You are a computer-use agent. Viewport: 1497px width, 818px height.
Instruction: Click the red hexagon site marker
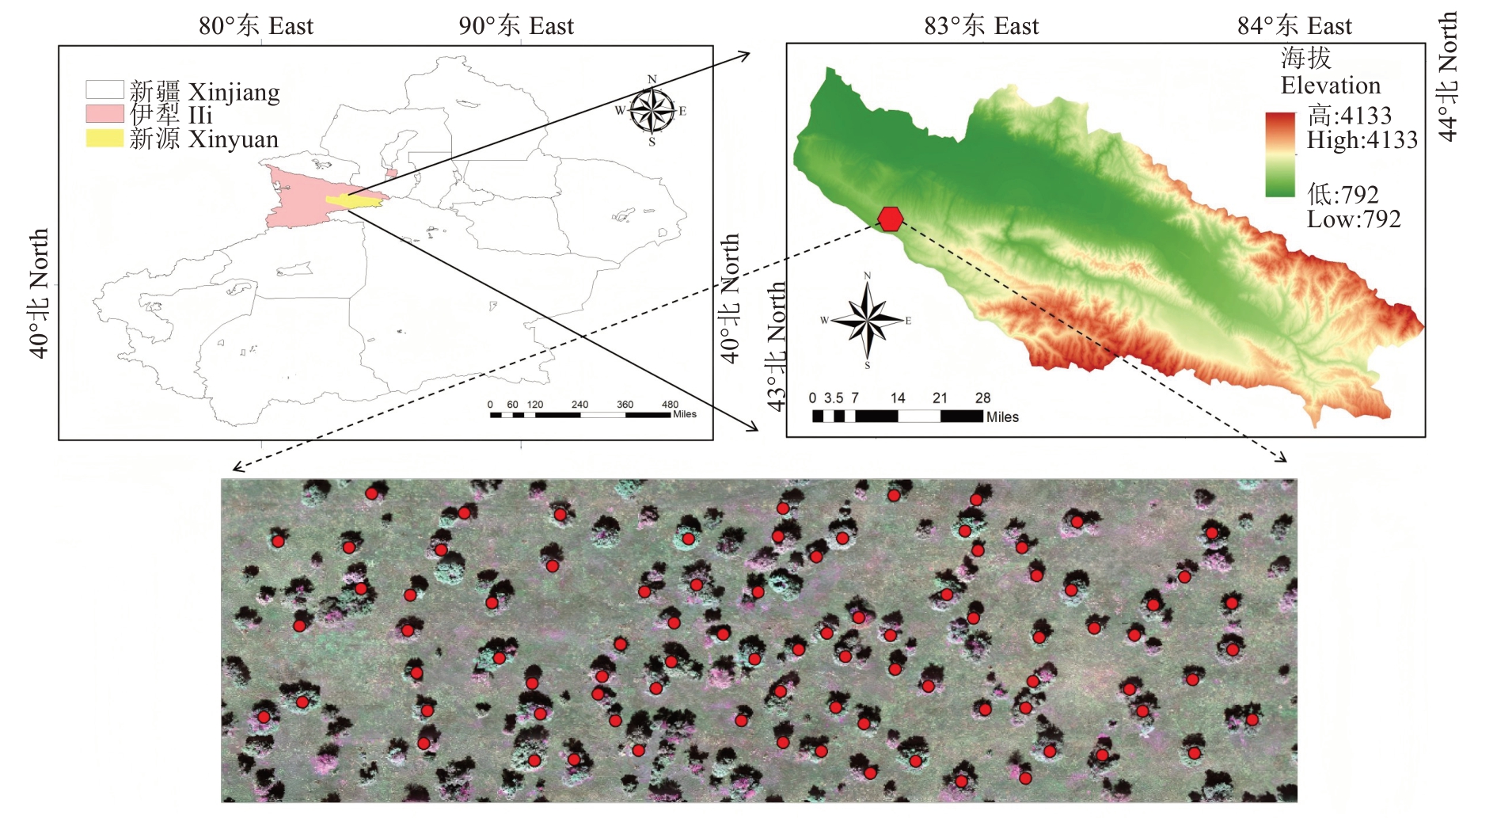pyautogui.click(x=891, y=219)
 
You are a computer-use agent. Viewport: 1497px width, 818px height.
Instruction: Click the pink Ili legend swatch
pyautogui.click(x=104, y=114)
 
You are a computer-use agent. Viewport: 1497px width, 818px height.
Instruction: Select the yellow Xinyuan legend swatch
pyautogui.click(x=104, y=139)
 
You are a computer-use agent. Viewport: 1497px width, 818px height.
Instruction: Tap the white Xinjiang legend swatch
pyautogui.click(x=104, y=89)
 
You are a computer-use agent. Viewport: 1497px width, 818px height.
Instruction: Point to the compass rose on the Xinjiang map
pyautogui.click(x=652, y=111)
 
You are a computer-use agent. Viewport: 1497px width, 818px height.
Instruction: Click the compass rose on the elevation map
pyautogui.click(x=868, y=320)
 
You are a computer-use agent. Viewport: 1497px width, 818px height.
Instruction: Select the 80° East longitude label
pyautogui.click(x=256, y=26)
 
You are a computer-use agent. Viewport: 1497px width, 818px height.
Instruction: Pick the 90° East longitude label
pyautogui.click(x=516, y=26)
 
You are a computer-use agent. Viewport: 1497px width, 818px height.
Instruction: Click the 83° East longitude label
pyautogui.click(x=981, y=26)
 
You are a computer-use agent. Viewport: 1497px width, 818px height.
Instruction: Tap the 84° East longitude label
pyautogui.click(x=1294, y=26)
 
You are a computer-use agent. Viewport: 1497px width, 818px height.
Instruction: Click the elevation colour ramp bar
pyautogui.click(x=1280, y=154)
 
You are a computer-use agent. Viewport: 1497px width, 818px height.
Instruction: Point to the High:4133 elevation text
pyautogui.click(x=1362, y=140)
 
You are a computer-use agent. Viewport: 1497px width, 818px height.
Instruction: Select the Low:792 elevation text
pyautogui.click(x=1354, y=219)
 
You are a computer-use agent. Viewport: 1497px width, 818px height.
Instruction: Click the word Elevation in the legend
pyautogui.click(x=1330, y=86)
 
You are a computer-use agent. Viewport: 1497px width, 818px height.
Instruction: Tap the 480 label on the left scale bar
pyautogui.click(x=670, y=405)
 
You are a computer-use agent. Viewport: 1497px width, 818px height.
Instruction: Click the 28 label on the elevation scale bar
pyautogui.click(x=982, y=398)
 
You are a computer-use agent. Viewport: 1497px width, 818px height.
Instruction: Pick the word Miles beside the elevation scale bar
pyautogui.click(x=1002, y=417)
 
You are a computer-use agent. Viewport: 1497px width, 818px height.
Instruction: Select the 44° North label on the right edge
pyautogui.click(x=1447, y=76)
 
